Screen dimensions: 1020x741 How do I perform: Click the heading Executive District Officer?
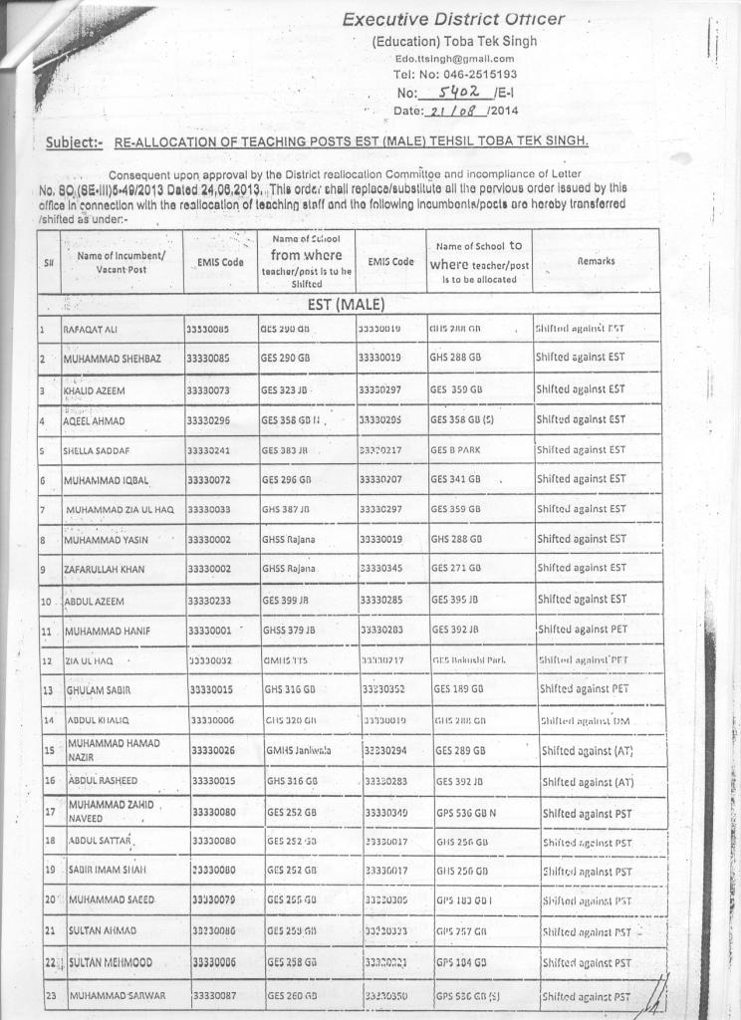453,19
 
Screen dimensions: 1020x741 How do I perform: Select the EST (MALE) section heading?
346,304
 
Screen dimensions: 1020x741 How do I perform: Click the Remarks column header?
596,261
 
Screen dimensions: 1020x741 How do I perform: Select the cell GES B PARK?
455,450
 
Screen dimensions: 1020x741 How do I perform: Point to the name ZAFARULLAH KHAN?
105,570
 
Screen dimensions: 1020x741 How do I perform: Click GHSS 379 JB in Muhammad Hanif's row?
289,630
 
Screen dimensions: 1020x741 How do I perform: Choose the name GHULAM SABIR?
101,689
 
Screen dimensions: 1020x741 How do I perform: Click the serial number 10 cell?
46,602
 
